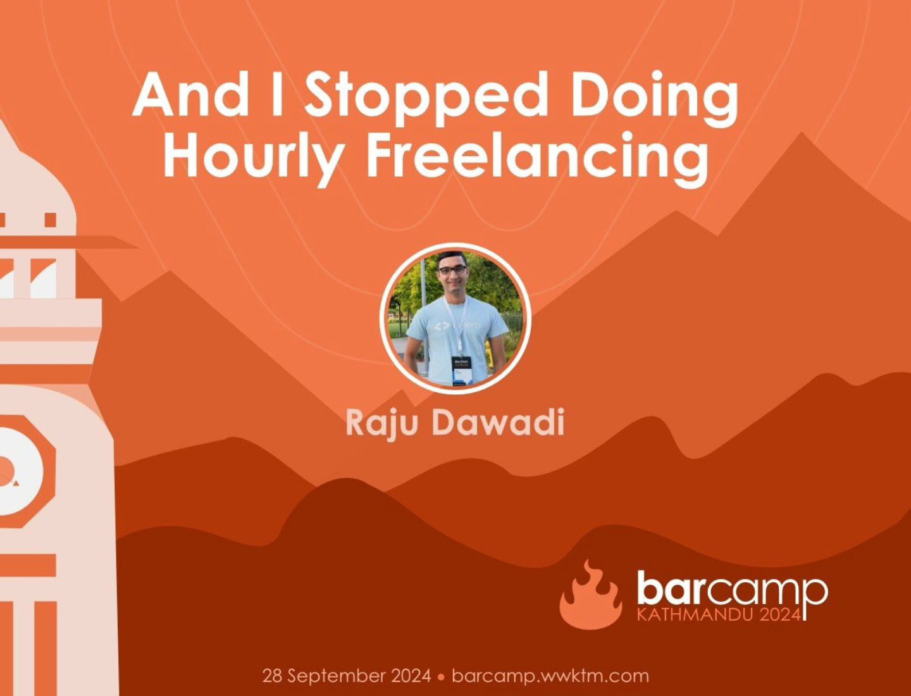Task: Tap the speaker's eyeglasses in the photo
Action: pos(452,270)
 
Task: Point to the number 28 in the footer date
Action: pos(272,676)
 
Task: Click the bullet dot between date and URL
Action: pos(441,677)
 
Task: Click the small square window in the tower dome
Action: pos(50,220)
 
